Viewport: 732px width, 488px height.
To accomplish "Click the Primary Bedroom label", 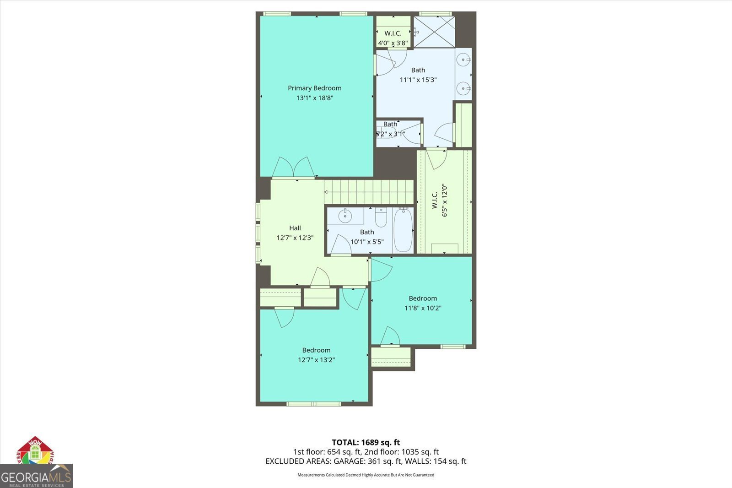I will (x=314, y=88).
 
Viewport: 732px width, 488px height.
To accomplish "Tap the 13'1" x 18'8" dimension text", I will (x=314, y=98).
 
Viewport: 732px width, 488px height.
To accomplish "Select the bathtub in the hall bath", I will (x=403, y=230).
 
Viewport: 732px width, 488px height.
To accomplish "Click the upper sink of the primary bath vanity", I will (x=465, y=60).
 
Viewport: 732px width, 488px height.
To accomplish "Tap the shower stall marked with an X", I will (x=434, y=32).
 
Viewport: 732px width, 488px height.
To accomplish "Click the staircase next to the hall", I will (x=369, y=191).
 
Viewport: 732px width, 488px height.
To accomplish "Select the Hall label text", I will (x=295, y=228).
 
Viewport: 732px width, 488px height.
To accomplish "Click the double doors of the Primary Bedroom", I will (x=294, y=168).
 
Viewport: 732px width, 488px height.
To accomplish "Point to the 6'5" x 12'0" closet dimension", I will (x=445, y=200).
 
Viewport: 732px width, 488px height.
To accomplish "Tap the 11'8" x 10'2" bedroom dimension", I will (x=423, y=308).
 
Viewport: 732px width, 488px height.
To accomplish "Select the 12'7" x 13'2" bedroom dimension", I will (x=316, y=360).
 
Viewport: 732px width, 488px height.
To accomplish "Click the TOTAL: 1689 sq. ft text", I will (x=366, y=442).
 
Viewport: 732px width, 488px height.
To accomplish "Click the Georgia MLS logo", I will (x=36, y=476).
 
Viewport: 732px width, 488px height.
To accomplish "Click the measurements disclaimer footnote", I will (x=366, y=475).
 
